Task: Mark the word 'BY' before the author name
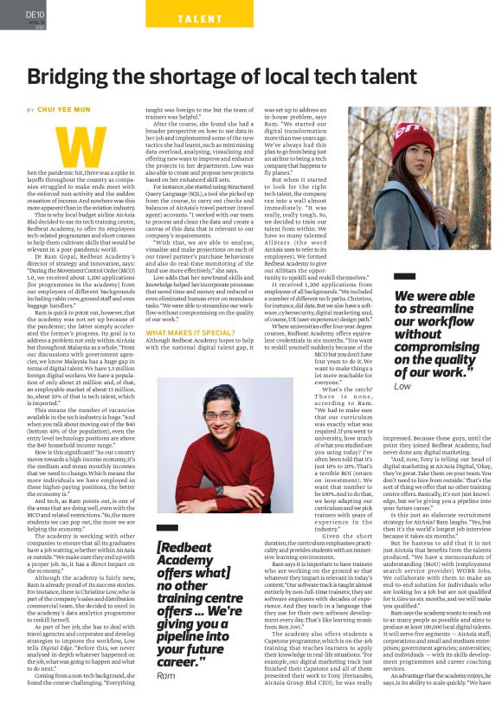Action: coord(31,111)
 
